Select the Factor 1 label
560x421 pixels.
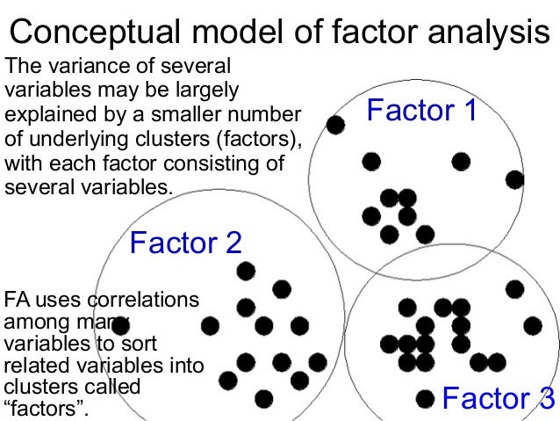tap(421, 111)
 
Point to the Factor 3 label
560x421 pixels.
tap(498, 398)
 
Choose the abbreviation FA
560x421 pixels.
tap(18, 300)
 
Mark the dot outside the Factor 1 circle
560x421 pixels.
tap(334, 125)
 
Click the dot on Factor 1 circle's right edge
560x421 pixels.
tap(515, 179)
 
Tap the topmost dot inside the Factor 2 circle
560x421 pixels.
tap(246, 270)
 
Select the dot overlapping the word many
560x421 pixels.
tap(121, 324)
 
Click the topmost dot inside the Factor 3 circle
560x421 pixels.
tap(515, 288)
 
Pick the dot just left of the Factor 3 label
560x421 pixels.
tap(425, 398)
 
